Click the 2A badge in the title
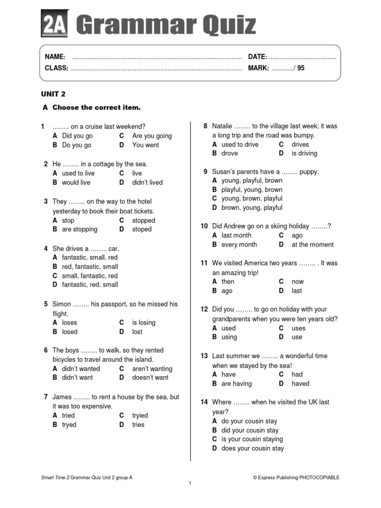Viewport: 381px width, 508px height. (53, 23)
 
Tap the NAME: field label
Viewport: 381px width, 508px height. (55, 57)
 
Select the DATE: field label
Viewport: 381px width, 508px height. (257, 57)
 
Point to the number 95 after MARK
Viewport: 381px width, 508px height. (301, 68)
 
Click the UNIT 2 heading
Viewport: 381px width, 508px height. (53, 94)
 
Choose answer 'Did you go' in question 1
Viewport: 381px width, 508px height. (77, 136)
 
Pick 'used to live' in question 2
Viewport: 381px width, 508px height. (78, 173)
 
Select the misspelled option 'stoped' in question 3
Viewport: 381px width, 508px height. (142, 229)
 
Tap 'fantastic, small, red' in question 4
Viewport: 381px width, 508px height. (90, 257)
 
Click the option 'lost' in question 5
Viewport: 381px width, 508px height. (137, 331)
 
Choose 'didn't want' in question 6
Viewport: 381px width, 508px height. (77, 378)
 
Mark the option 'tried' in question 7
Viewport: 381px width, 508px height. (68, 415)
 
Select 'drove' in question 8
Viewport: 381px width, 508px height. (230, 153)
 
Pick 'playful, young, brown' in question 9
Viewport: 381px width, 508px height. (252, 190)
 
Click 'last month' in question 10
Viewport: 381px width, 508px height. (236, 235)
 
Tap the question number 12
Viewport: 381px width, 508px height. (204, 309)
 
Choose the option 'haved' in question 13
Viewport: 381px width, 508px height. (300, 383)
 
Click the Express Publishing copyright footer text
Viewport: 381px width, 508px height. (296, 477)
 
